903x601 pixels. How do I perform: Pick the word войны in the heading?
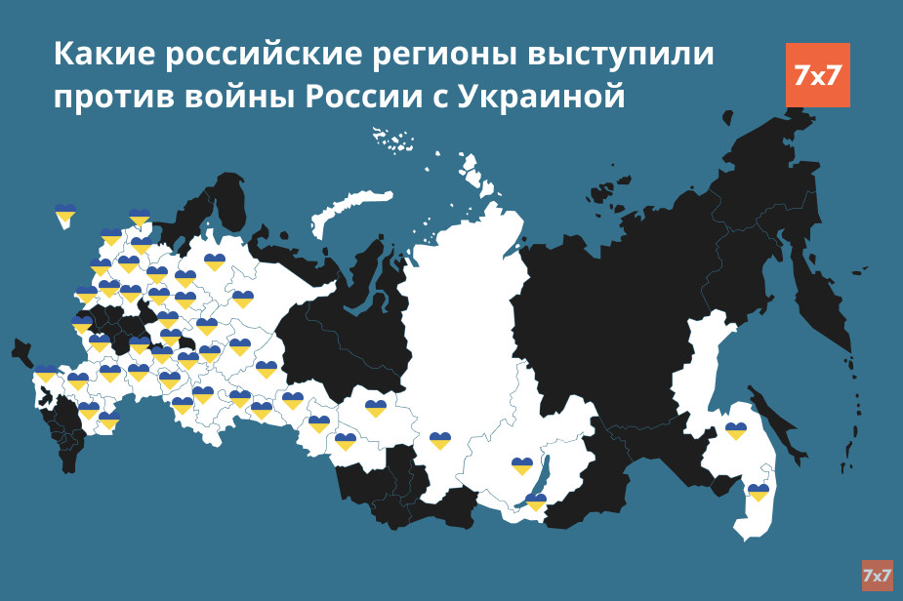coord(238,98)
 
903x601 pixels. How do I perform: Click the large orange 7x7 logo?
coord(817,75)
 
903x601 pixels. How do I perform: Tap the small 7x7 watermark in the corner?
coord(877,575)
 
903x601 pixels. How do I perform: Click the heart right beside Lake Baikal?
coord(535,501)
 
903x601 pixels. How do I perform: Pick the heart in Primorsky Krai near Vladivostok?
coord(759,492)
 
